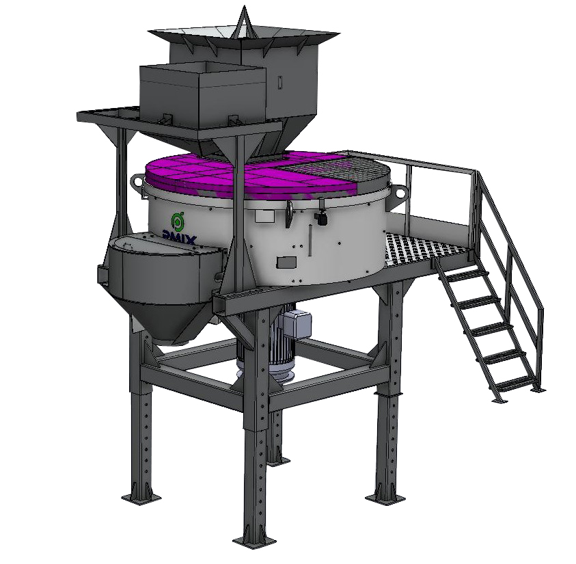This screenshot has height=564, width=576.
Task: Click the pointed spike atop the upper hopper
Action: click(x=243, y=21)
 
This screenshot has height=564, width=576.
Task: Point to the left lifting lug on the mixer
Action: click(x=137, y=183)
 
